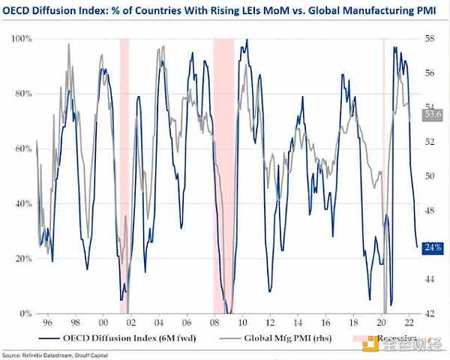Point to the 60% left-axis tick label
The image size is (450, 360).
tap(21, 148)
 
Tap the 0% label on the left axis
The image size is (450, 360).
tap(24, 313)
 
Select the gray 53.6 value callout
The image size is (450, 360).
tap(433, 115)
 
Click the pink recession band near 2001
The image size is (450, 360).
tap(124, 172)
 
